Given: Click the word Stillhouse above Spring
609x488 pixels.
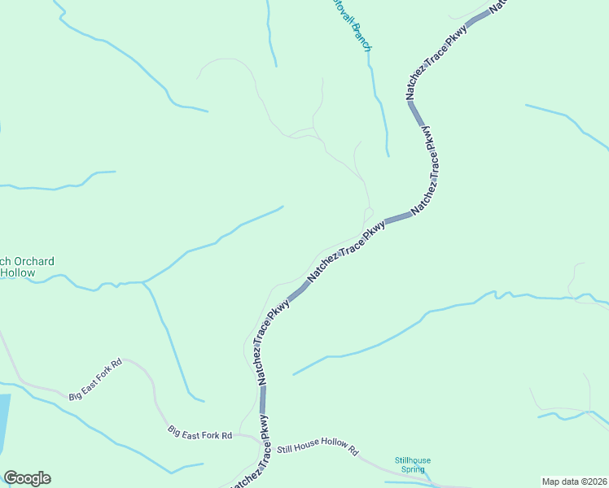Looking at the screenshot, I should [x=412, y=460].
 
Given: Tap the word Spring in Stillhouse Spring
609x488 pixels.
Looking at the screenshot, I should [x=412, y=469].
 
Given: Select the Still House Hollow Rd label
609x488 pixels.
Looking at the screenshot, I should [x=318, y=448].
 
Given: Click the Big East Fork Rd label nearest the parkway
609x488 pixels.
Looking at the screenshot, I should [x=200, y=433].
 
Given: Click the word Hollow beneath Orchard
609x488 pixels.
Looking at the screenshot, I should [x=18, y=273].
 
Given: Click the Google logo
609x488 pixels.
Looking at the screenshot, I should [x=27, y=478].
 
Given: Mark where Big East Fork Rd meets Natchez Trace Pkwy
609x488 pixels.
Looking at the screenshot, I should [x=262, y=440].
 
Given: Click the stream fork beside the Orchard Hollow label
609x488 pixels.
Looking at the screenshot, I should [x=144, y=281].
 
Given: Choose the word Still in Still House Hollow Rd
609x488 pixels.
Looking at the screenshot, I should [x=285, y=448].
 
